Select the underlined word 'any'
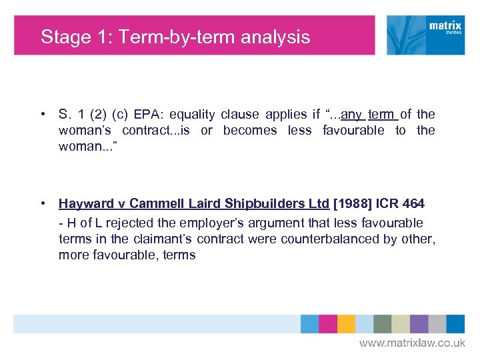coord(351,114)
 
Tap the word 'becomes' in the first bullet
coord(249,130)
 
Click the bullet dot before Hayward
coord(42,203)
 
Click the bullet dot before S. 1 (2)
coord(42,114)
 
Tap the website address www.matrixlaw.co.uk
coord(413,343)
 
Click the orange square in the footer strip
coord(346,324)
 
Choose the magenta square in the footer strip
coord(328,324)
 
